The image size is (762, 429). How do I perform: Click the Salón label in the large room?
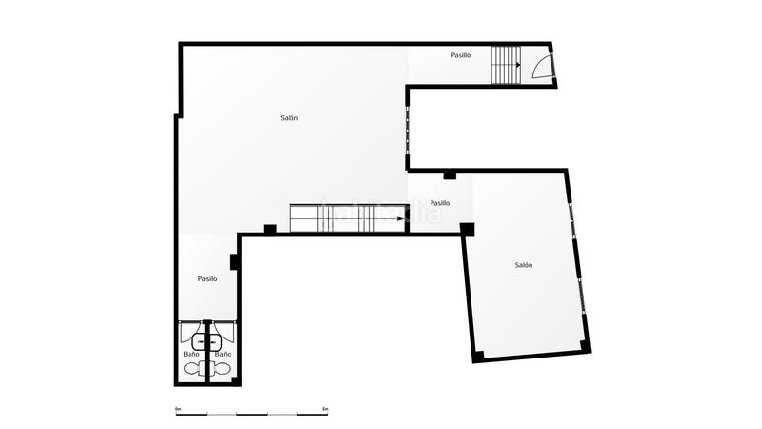[290, 118]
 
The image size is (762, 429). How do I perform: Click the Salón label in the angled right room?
[524, 265]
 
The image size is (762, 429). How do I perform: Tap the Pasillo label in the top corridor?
[461, 55]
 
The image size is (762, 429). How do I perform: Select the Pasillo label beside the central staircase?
[439, 203]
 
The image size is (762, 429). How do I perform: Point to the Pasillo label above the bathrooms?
[208, 279]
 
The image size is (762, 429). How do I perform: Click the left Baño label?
[191, 355]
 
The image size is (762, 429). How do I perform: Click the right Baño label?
[223, 355]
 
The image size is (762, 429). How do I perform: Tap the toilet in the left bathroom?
[191, 368]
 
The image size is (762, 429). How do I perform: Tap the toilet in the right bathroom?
[223, 368]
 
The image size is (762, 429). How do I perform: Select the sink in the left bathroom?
[199, 340]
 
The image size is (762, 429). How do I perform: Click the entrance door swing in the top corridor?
[541, 66]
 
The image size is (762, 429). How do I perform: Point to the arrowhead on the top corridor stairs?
[516, 66]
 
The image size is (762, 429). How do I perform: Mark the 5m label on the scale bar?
[326, 408]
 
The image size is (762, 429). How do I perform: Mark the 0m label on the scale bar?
[178, 408]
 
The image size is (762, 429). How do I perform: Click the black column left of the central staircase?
[271, 229]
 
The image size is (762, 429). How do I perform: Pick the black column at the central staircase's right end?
[467, 229]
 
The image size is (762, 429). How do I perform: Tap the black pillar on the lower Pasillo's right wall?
[233, 262]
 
